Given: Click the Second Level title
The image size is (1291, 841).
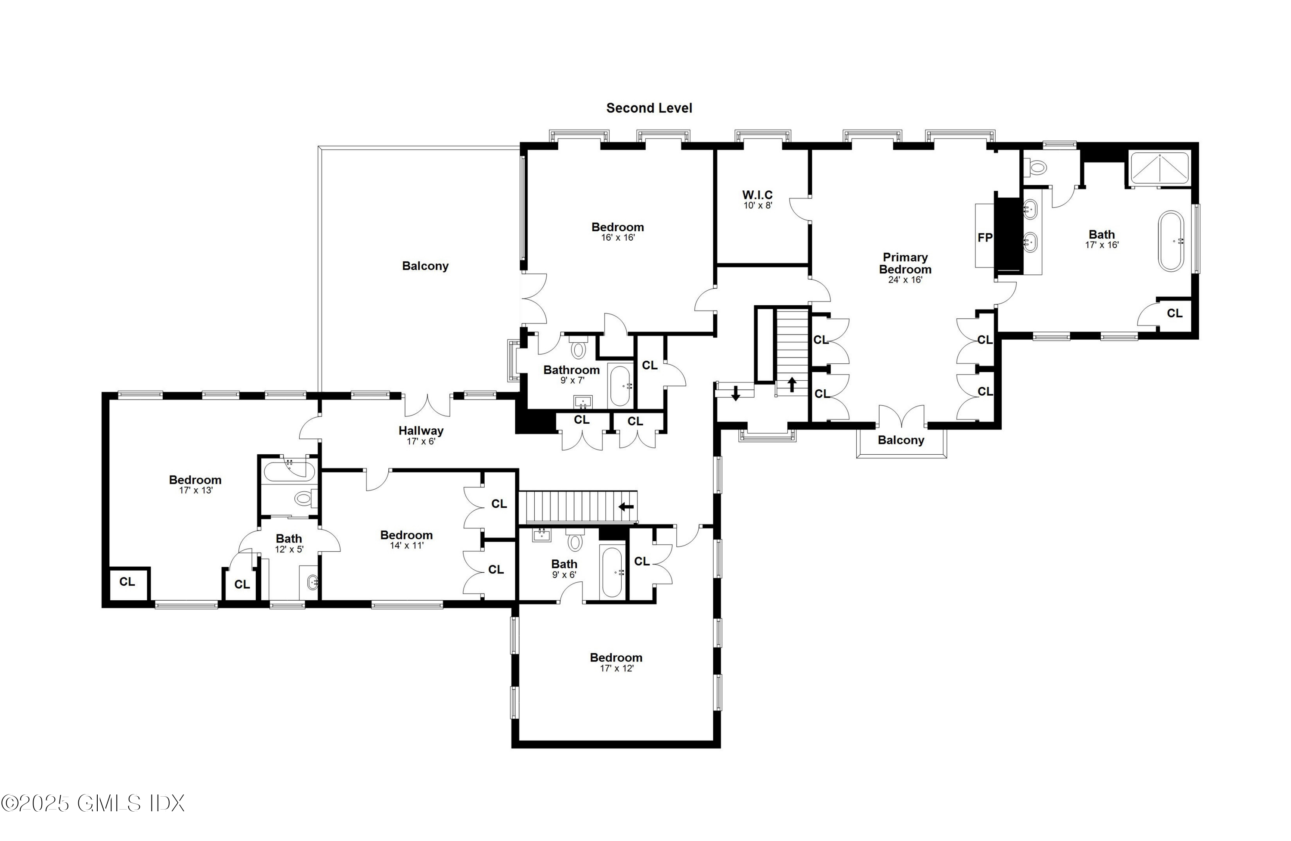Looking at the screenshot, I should point(649,108).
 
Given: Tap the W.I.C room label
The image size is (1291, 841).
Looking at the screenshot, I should point(757,194).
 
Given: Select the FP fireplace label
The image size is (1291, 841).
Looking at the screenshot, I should point(985,237).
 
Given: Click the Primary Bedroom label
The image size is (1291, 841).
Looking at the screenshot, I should point(905,263).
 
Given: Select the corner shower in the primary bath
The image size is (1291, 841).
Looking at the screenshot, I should point(1159,168).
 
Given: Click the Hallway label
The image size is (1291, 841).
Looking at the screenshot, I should point(421,430).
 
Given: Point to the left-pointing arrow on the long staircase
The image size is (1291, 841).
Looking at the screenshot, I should point(626,507).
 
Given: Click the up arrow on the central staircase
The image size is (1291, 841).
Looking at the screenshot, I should point(792,384).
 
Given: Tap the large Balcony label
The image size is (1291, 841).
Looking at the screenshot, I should point(425,266).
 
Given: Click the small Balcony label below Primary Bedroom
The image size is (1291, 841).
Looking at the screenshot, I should point(901,440).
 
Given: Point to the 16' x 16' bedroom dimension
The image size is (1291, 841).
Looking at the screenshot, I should point(617,238).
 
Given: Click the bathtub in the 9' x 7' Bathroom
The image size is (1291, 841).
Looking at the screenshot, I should point(619,386).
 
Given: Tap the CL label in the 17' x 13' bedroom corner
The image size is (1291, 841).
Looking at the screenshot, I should point(127,582).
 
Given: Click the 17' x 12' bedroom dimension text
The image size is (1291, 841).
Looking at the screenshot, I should point(616,668).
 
